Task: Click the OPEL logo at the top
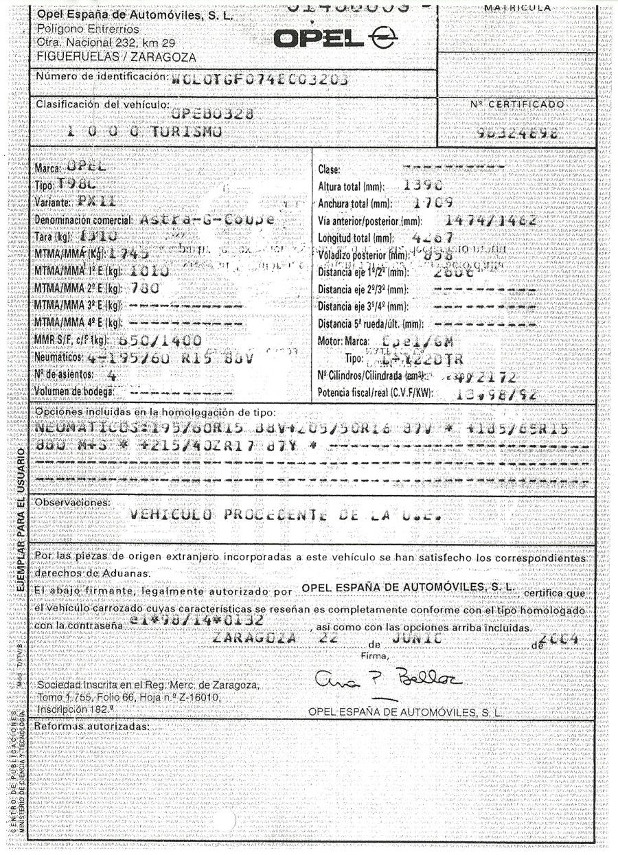coord(328,38)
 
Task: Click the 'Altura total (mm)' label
coord(351,186)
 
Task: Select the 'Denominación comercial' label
coord(82,220)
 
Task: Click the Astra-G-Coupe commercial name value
coord(205,220)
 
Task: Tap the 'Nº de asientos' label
coord(65,376)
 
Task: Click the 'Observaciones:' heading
coord(71,503)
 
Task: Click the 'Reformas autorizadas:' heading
coord(91,726)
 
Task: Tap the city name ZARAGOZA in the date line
coord(255,638)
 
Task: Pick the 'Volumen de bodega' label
coord(74,392)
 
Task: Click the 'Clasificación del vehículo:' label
coord(102,104)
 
